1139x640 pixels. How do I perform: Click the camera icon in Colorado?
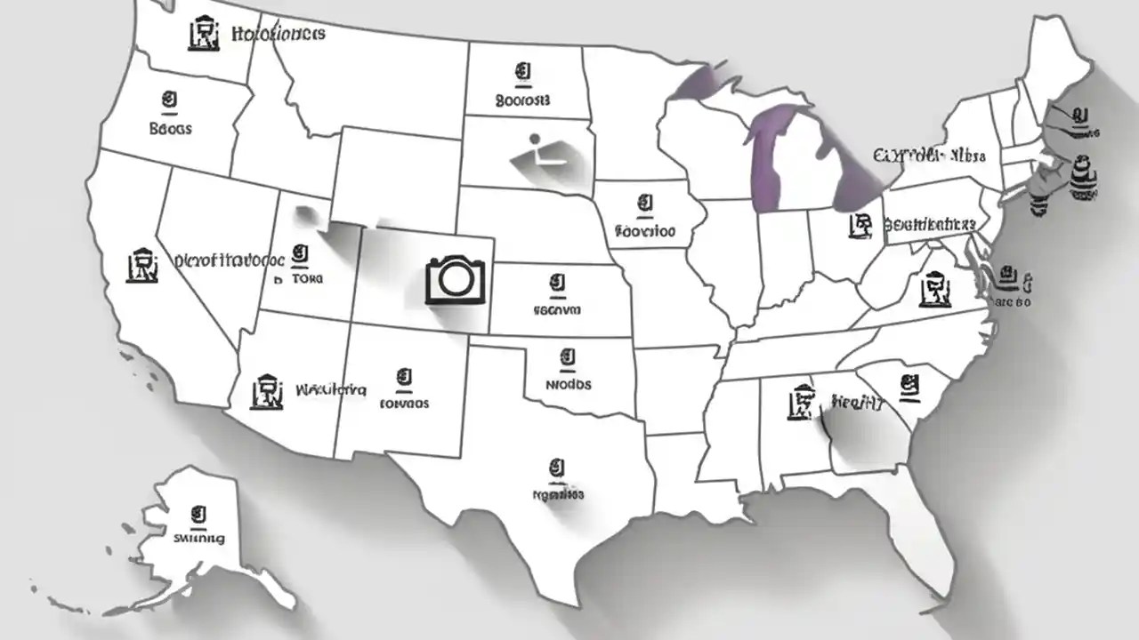coord(456,279)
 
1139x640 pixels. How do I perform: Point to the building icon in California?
coord(142,265)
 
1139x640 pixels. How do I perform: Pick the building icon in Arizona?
coord(267,390)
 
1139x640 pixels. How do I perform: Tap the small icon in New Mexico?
coord(405,380)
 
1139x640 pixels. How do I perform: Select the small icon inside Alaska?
coord(198,514)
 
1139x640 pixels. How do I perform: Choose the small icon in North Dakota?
coord(522,72)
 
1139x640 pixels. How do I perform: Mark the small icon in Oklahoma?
coord(568,359)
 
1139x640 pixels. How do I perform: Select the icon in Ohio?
coord(860,224)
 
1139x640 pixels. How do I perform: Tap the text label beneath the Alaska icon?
coord(199,538)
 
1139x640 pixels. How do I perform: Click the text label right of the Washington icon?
coord(278,35)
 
